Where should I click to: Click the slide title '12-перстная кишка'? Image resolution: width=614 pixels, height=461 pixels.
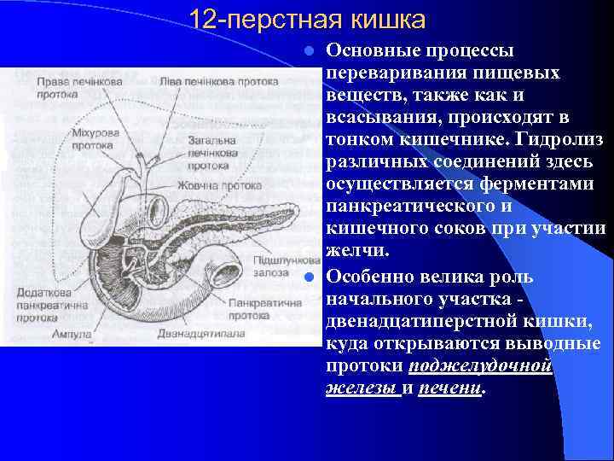[x=306, y=19]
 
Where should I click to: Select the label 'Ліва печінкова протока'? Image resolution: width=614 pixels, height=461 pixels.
[x=219, y=82]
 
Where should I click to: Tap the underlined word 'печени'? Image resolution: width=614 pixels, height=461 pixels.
[x=449, y=388]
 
